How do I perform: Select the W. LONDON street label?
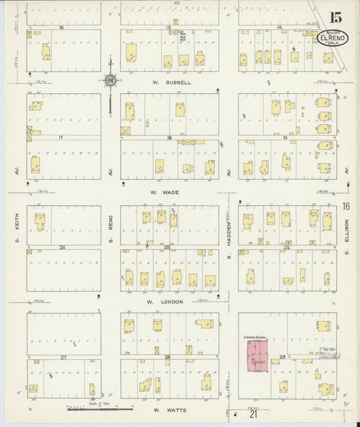coord(167,301)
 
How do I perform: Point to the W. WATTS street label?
coord(165,409)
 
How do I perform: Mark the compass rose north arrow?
coord(109,81)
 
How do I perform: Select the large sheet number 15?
coord(336,18)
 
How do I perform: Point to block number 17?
coord(60,138)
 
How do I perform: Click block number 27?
coord(63,356)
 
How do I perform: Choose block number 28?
coord(168,356)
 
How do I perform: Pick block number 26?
coord(61,247)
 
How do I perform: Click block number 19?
coord(286,138)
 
